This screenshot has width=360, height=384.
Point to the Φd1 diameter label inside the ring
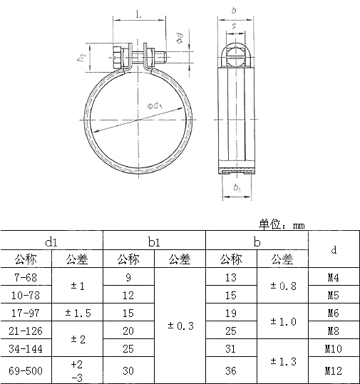tap(156, 106)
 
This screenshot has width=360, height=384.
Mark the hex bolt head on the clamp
tap(118, 56)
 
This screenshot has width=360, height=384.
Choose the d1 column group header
tap(52, 242)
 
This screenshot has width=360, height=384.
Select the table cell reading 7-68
tap(26, 277)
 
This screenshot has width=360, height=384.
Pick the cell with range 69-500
tap(26, 370)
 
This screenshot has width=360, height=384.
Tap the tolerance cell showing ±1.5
tap(77, 312)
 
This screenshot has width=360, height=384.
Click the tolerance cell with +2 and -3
tap(77, 370)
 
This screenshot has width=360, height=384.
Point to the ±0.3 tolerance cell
tap(180, 326)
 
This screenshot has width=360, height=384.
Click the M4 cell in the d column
tap(333, 277)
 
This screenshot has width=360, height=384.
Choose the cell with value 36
tap(231, 370)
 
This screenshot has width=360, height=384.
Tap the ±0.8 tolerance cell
tap(283, 286)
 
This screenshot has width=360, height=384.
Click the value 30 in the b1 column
tap(128, 370)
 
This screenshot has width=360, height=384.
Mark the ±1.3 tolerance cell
tap(283, 361)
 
